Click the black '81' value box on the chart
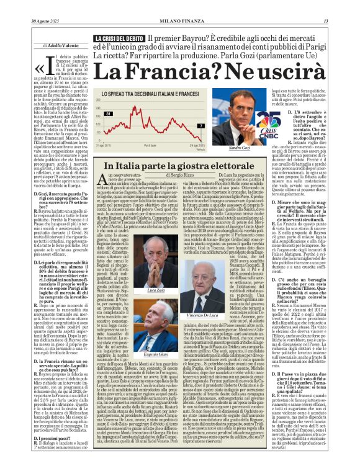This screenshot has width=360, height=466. tap(109, 114)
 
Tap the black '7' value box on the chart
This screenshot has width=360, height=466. tap(201, 125)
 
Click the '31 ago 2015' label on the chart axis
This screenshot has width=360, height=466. tap(114, 146)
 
